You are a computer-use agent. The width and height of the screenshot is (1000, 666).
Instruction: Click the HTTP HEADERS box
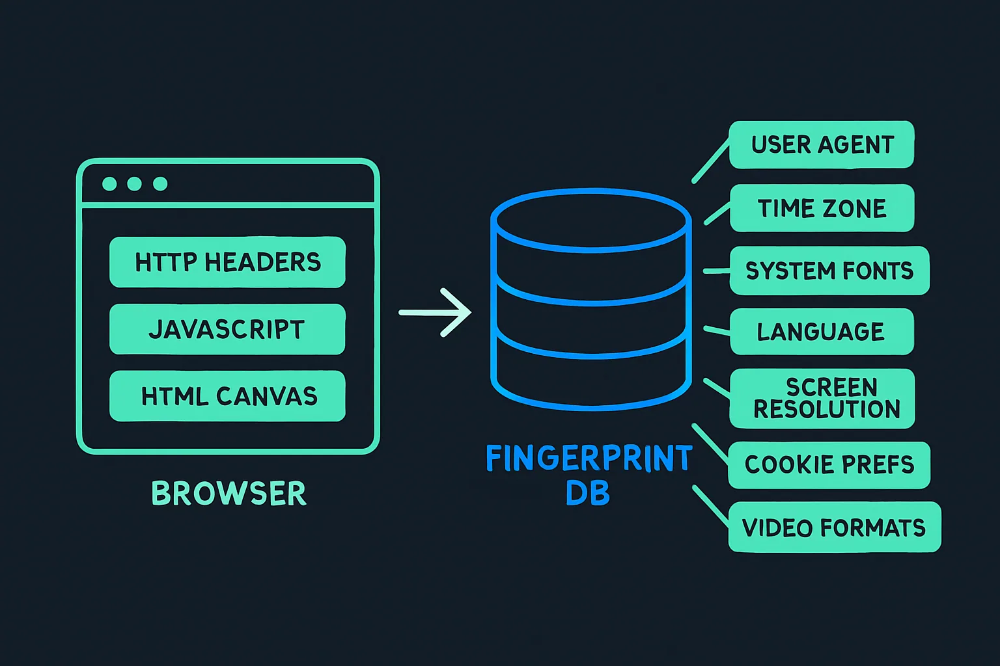point(227,262)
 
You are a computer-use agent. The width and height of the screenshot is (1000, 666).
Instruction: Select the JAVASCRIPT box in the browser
point(227,329)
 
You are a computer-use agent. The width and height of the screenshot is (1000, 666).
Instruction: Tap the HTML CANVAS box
point(227,396)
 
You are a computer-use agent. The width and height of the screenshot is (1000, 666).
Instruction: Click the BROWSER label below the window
point(229,494)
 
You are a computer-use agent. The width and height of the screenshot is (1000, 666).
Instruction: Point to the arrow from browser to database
point(435,313)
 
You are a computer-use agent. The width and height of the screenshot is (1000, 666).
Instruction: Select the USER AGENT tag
point(822,144)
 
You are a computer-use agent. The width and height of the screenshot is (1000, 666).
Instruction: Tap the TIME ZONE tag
point(822,208)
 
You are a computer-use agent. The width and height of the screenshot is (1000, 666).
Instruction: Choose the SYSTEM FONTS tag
point(829,271)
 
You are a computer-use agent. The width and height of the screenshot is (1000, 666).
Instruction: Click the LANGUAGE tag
point(822,332)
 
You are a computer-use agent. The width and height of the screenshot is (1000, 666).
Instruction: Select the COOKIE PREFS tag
point(829,464)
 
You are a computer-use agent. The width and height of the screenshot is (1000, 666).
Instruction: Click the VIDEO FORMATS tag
point(834,527)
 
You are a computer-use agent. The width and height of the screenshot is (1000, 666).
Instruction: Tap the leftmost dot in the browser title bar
point(109,184)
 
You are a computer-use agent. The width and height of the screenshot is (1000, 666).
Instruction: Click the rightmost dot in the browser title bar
point(160,184)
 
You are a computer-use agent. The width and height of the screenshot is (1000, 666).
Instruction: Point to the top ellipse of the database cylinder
point(590,220)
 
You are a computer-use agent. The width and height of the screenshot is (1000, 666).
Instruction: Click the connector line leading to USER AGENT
point(710,161)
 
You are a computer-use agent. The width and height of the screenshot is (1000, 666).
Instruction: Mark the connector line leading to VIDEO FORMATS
point(711,505)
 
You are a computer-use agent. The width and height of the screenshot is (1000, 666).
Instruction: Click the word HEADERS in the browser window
point(262,262)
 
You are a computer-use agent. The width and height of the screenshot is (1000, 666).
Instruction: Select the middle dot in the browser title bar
point(135,184)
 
